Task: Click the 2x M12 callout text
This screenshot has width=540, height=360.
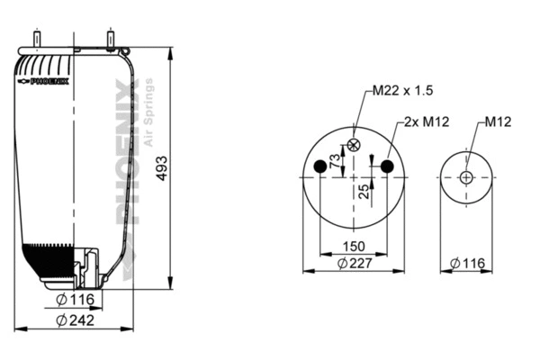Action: coord(425,121)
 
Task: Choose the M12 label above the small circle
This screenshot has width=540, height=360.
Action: coord(499,121)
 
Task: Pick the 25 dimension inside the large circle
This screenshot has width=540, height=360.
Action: coord(364,190)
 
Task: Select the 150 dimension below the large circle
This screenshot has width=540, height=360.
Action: coord(354,247)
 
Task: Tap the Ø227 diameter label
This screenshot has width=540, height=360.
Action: coord(354,263)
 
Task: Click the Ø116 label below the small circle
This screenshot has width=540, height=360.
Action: coord(465,263)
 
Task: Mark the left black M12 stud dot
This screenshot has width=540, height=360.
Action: coord(320,166)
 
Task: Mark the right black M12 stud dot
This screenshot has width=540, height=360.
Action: coord(388,166)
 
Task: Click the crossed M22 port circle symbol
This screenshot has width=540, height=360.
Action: coord(354,145)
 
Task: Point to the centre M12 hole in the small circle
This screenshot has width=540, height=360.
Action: coord(465,177)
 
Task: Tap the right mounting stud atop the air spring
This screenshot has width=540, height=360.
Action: coord(110,40)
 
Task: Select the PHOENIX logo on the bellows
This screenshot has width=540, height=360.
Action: coord(45,81)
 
